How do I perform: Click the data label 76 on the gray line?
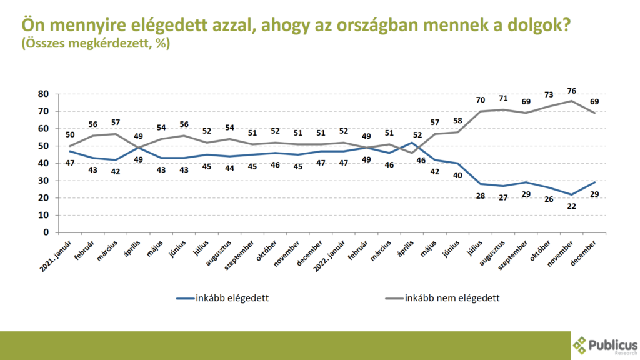pos(571,91)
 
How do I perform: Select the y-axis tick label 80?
pos(43,94)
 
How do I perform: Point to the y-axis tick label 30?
pos(43,181)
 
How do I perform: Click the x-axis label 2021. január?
pos(56,255)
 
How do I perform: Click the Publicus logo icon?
pos(581,346)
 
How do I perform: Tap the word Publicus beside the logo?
pos(614,344)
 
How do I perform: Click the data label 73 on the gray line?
pos(548,95)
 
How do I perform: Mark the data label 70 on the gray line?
pos(480,100)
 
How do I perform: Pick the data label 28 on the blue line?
pos(480,195)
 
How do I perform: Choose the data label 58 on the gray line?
pos(457,121)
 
